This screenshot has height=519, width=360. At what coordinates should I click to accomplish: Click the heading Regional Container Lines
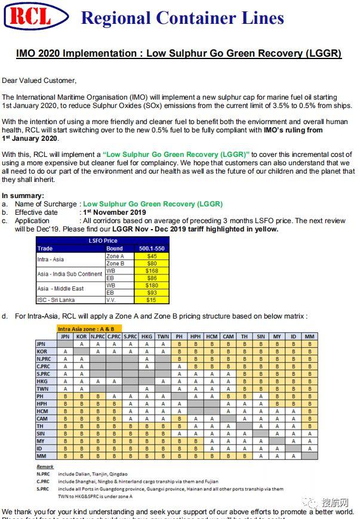[182, 18]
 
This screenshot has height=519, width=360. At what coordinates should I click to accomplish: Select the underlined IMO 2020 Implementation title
[179, 54]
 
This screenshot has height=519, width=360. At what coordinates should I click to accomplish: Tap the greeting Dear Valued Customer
[39, 81]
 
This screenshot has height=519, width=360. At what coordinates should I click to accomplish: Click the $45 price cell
[151, 255]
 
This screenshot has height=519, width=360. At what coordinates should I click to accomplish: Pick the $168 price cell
[151, 270]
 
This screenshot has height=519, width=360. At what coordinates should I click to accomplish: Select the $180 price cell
[151, 285]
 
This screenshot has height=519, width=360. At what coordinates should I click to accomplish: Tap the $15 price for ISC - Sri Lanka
[151, 300]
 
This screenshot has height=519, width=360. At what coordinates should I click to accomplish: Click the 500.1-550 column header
[151, 248]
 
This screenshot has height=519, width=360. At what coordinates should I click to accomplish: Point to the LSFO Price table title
[103, 241]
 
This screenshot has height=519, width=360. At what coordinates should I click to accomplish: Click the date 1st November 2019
[113, 212]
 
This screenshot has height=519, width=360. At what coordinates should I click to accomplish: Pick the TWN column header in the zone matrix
[163, 336]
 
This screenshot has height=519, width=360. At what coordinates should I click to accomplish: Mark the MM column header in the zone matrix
[309, 336]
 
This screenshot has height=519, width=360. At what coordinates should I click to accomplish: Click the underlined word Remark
[45, 467]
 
